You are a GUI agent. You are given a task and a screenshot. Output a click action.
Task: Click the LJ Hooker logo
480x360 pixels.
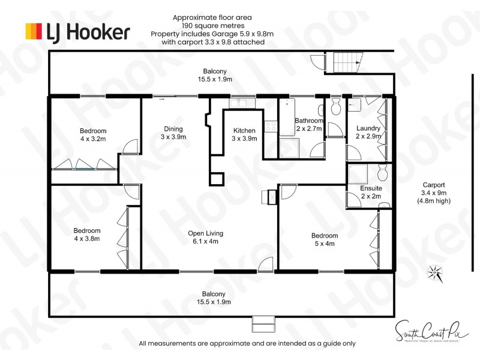click(x=77, y=31)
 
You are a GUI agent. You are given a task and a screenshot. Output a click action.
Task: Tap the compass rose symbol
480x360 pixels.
click(x=434, y=273)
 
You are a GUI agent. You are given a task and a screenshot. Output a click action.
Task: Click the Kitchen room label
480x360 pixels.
click(x=244, y=134)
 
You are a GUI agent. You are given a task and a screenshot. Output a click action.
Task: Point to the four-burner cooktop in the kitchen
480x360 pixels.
click(x=271, y=127)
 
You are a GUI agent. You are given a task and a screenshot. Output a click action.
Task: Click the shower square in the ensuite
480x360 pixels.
click(x=359, y=174)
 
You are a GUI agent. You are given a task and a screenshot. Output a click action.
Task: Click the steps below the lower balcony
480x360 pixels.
click(x=263, y=324)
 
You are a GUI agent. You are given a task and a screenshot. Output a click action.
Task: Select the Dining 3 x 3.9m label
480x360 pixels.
click(x=173, y=133)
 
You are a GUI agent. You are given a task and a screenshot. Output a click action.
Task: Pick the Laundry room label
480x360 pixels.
click(x=368, y=133)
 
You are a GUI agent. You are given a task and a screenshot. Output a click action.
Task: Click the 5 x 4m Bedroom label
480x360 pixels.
click(x=323, y=239)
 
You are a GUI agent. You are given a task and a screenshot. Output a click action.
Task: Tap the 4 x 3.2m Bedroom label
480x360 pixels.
click(x=93, y=135)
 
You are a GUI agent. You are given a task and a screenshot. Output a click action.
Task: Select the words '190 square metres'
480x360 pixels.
click(x=208, y=26)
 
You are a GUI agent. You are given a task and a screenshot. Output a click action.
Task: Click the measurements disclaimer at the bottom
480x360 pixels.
click(x=247, y=344)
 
